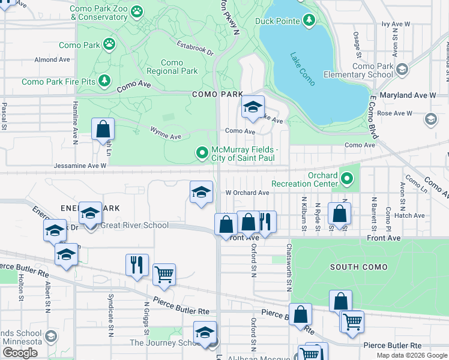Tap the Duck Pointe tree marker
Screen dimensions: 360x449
click(309, 22)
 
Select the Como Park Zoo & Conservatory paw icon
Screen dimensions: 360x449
click(137, 11)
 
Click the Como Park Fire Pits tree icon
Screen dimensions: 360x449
click(104, 80)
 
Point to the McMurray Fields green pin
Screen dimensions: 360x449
click(203, 154)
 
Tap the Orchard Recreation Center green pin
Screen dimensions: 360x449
click(346, 178)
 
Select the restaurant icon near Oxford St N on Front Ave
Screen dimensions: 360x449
click(265, 222)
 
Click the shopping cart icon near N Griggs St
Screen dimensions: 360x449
click(164, 275)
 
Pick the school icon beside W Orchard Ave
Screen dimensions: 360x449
click(202, 192)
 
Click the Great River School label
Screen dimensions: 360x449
click(134, 225)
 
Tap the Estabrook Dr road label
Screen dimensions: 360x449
click(195, 48)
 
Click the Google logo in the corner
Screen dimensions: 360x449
click(20, 352)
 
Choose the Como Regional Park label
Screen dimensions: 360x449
click(172, 67)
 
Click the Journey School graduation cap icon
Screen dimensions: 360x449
click(205, 332)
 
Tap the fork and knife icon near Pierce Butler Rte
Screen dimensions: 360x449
click(137, 264)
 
